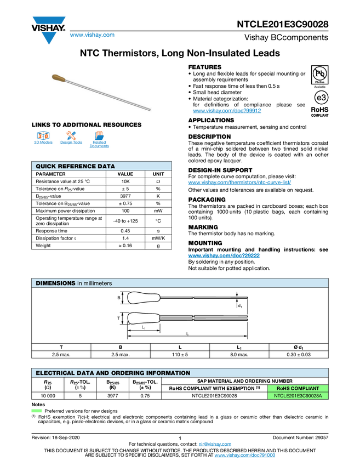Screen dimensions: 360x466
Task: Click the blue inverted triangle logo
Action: (x=49, y=38)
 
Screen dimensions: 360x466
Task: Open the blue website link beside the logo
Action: (x=92, y=36)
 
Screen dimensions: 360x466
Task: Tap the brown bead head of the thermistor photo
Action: (x=59, y=79)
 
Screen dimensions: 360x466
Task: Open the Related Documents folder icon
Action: (x=99, y=135)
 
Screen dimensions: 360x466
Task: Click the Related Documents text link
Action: (x=99, y=145)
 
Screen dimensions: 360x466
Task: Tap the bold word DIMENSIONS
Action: (x=55, y=283)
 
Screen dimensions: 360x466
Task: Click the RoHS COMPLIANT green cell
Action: (x=298, y=388)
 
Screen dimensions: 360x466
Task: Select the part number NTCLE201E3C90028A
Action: (x=298, y=396)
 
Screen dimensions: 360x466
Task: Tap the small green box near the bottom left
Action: (x=36, y=411)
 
